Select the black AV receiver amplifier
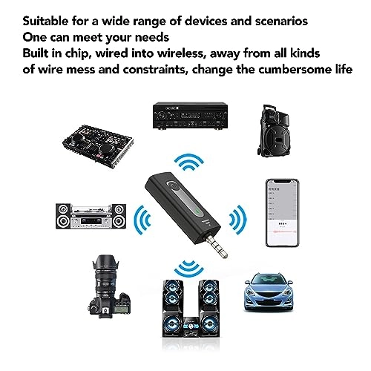[x=183, y=116]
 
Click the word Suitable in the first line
[x=47, y=19]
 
